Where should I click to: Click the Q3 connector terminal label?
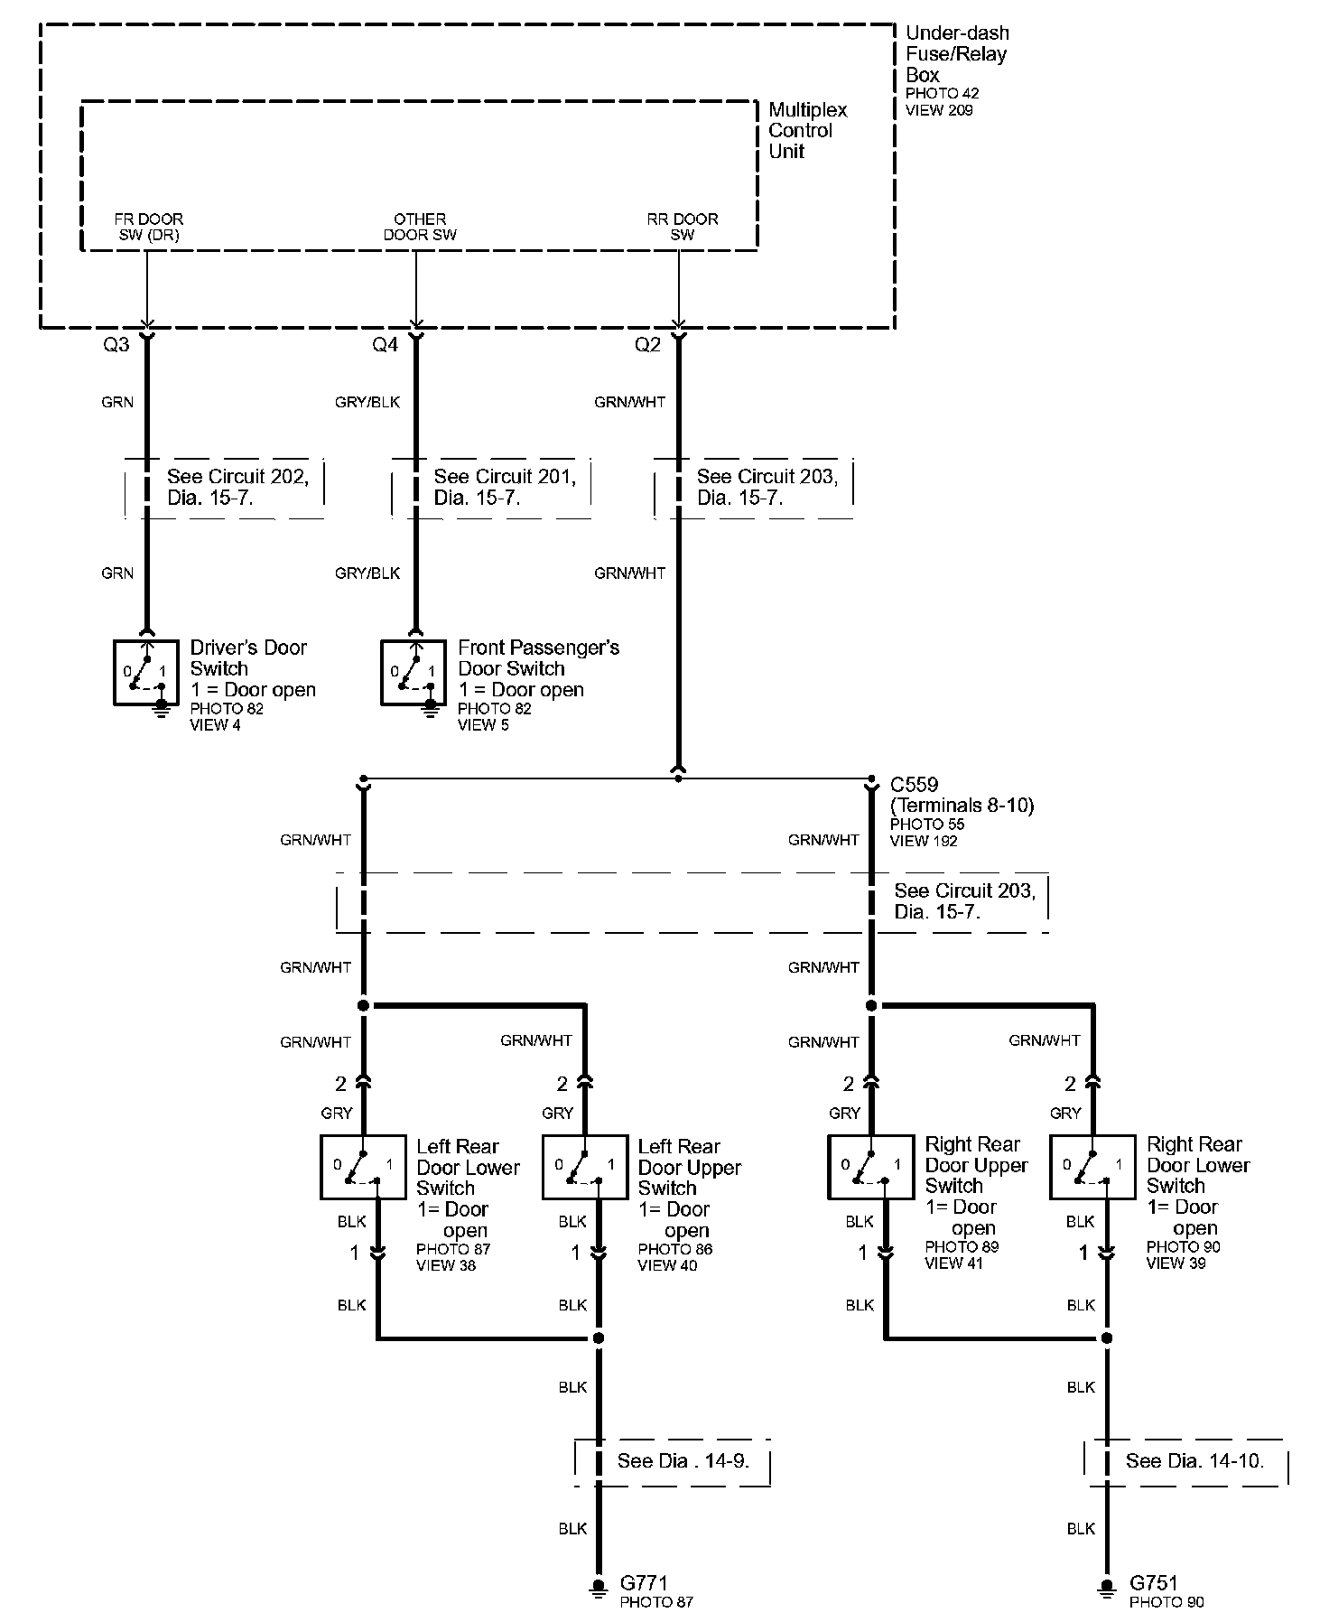pyautogui.click(x=116, y=345)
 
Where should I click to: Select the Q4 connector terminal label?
pyautogui.click(x=386, y=345)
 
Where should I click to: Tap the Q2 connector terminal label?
pyautogui.click(x=647, y=345)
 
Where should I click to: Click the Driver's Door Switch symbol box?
pyautogui.click(x=146, y=672)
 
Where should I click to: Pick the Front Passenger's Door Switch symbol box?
pyautogui.click(x=414, y=672)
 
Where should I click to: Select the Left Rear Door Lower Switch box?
pyautogui.click(x=363, y=1167)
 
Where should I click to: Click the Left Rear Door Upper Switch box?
pyautogui.click(x=585, y=1167)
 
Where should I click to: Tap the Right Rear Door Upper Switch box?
pyautogui.click(x=871, y=1167)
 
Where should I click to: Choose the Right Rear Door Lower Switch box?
pyautogui.click(x=1092, y=1167)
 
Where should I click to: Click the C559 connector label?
pyautogui.click(x=914, y=784)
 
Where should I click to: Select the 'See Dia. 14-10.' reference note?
pyautogui.click(x=1194, y=1460)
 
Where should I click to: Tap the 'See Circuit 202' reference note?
pyautogui.click(x=237, y=487)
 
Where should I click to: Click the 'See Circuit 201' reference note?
pyautogui.click(x=504, y=487)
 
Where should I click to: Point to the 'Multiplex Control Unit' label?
pyautogui.click(x=807, y=130)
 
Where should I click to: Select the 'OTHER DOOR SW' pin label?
pyautogui.click(x=420, y=227)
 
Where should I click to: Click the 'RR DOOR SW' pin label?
pyautogui.click(x=683, y=227)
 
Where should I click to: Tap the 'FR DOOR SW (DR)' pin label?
pyautogui.click(x=148, y=227)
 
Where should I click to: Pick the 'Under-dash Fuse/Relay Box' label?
pyautogui.click(x=956, y=54)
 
